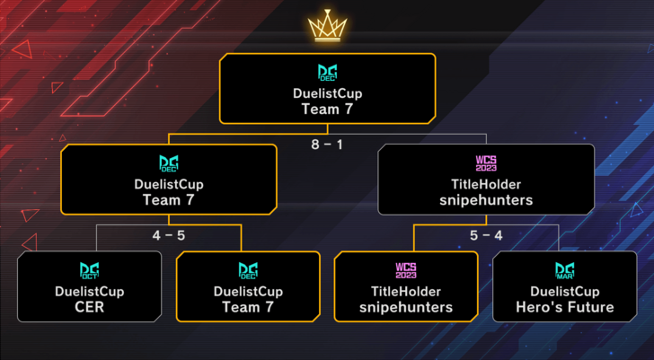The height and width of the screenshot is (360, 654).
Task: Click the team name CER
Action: (x=89, y=307)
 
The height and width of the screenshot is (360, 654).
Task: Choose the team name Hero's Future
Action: (x=564, y=307)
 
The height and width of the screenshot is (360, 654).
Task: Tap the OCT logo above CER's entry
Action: (x=89, y=271)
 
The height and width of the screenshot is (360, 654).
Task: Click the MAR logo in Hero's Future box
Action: (x=564, y=271)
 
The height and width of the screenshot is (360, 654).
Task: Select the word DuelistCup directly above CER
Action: (x=89, y=292)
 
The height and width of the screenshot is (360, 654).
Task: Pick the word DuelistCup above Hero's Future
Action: (x=564, y=292)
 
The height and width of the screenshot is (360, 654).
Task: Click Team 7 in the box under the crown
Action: (x=327, y=108)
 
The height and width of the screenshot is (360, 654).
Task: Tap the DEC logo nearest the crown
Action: (x=327, y=73)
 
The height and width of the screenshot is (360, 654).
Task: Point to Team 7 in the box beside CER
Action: (x=248, y=307)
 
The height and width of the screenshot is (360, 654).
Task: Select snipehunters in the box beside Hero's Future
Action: (x=406, y=307)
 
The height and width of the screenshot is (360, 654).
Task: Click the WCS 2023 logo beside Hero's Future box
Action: (x=406, y=271)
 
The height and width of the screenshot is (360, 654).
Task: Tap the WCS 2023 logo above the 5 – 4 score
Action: (x=485, y=164)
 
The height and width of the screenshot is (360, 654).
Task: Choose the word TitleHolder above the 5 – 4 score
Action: (x=485, y=184)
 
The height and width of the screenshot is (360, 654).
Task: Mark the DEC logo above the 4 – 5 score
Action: (x=169, y=164)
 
